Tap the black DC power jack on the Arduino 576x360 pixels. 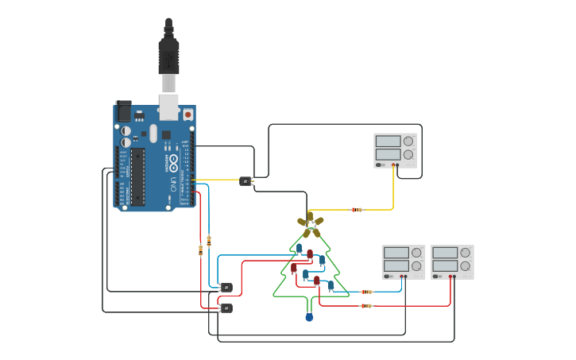(x=124, y=111)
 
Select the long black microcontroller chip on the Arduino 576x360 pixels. (x=138, y=176)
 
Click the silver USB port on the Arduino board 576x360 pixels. (x=168, y=106)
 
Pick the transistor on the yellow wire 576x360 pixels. (x=245, y=181)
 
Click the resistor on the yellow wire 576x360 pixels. (x=357, y=210)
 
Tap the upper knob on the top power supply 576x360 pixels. (x=408, y=141)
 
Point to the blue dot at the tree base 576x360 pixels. (x=309, y=318)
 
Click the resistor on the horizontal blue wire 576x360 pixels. (x=366, y=292)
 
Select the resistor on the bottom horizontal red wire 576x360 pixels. (x=366, y=305)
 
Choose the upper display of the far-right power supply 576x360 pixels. (x=445, y=253)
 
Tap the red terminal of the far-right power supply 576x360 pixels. (x=450, y=277)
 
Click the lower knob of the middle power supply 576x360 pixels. (x=416, y=266)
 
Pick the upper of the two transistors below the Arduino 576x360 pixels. (x=226, y=287)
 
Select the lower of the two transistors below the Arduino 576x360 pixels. (x=226, y=308)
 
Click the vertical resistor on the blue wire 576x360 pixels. (x=209, y=239)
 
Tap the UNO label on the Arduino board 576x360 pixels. (x=173, y=184)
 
